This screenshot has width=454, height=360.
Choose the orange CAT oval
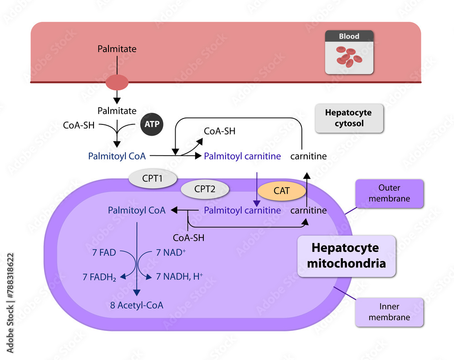tap(281, 191)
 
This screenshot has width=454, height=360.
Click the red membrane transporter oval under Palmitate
tap(117, 83)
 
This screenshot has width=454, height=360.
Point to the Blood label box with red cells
tap(349, 52)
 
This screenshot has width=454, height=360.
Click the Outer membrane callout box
tap(390, 193)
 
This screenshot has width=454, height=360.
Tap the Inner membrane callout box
tap(390, 312)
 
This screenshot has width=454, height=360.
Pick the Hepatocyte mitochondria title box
tap(346, 256)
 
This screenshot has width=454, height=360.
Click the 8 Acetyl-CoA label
tap(137, 305)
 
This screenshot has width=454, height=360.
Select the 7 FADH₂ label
tap(99, 276)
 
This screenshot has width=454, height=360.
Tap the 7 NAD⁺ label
tap(171, 252)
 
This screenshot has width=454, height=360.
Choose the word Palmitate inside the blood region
tap(117, 49)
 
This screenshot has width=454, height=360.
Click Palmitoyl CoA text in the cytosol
tap(118, 156)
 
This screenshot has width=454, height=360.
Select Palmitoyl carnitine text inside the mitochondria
tap(242, 210)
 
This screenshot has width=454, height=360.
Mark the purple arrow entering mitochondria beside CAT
tap(257, 188)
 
